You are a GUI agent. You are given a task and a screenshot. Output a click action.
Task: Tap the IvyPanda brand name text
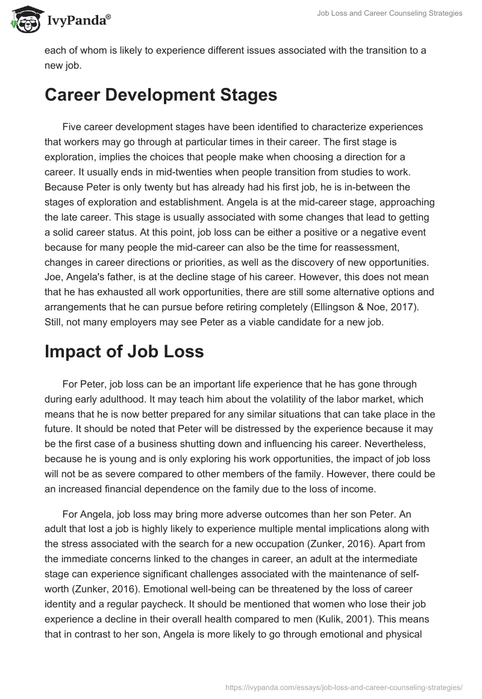pyautogui.click(x=78, y=20)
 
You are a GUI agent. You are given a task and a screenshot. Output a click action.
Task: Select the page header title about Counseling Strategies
pyautogui.click(x=390, y=13)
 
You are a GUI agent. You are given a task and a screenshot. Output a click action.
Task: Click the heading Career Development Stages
pyautogui.click(x=161, y=95)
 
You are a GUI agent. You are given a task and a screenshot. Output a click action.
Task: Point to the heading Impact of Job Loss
pyautogui.click(x=124, y=352)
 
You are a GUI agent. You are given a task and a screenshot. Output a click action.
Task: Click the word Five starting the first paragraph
pyautogui.click(x=72, y=127)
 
